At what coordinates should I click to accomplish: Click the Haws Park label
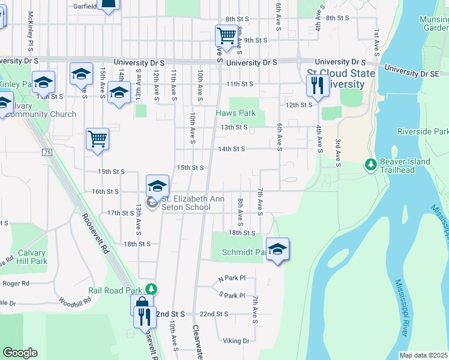pos(236,113)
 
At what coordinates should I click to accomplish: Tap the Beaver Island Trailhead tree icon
pos(371,164)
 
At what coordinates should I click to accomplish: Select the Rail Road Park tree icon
pos(152,289)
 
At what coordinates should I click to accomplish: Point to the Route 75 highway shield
pos(47,153)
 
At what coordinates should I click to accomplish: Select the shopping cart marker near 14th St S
pos(97,139)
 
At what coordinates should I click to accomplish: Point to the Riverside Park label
pos(423,131)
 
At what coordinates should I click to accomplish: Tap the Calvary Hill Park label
pos(32,257)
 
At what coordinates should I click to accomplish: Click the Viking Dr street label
pos(236,341)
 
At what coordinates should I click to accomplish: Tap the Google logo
pos(20,352)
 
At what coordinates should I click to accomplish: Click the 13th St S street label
pos(234,127)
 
